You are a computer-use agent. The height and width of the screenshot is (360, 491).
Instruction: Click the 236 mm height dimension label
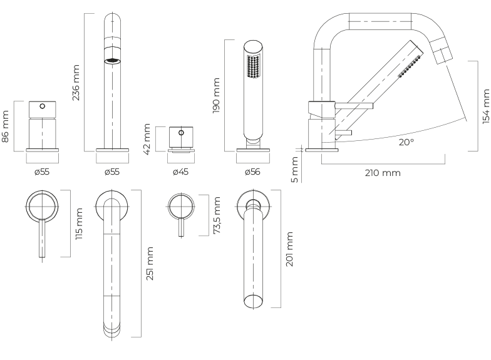[x=76, y=82]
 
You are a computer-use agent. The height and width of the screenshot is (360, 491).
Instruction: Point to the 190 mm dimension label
[x=216, y=95]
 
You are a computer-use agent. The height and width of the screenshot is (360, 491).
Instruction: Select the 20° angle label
[x=406, y=142]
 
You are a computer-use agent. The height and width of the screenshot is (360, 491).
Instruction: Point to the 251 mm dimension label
[x=150, y=263]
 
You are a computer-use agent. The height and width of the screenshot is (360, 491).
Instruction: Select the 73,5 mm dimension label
[x=217, y=215]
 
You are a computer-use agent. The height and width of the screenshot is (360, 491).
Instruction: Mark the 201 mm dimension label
[x=289, y=249]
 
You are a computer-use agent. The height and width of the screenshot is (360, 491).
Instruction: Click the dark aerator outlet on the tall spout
[x=112, y=61]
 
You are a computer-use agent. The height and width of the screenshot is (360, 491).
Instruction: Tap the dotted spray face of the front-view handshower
[x=253, y=66]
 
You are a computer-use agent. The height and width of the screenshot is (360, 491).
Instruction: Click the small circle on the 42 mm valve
[x=182, y=133]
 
